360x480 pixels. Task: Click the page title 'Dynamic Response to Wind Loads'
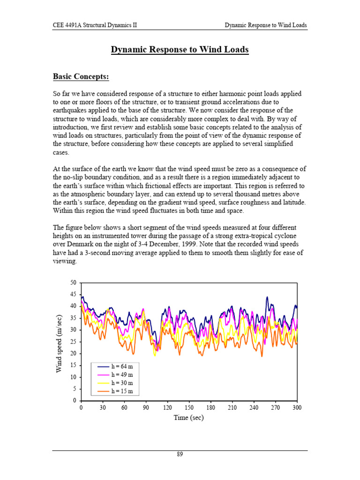(180, 50)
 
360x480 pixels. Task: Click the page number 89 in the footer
(180, 455)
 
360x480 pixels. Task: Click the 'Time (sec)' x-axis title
(188, 418)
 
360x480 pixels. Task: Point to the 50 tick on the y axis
(73, 282)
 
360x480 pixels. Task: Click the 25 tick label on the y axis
(73, 342)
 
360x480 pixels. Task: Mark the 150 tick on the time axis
(189, 408)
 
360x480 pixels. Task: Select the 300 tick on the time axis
(297, 408)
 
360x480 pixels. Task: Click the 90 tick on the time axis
(146, 408)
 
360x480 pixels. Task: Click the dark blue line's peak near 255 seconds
(267, 297)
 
